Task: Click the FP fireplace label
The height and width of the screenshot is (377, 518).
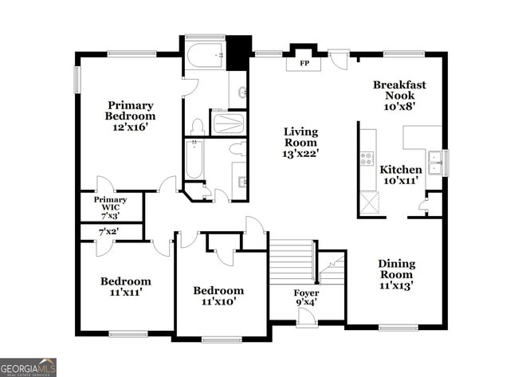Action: pyautogui.click(x=304, y=63)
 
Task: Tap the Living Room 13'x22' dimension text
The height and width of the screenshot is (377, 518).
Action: pyautogui.click(x=300, y=154)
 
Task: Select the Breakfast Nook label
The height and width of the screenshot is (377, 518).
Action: pyautogui.click(x=399, y=90)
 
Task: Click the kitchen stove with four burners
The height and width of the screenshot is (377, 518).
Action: pyautogui.click(x=367, y=159)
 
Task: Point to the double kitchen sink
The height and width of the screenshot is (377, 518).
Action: pyautogui.click(x=435, y=163)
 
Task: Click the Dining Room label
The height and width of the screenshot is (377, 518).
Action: pyautogui.click(x=396, y=269)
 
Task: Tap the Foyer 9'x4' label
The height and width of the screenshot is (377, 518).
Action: pyautogui.click(x=306, y=298)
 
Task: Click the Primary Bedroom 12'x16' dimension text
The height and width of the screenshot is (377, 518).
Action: pyautogui.click(x=129, y=127)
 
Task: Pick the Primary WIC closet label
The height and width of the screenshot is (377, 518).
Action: pyautogui.click(x=110, y=203)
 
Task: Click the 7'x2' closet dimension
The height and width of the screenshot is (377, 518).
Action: pyautogui.click(x=109, y=232)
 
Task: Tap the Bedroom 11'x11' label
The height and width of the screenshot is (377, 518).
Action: pyautogui.click(x=126, y=286)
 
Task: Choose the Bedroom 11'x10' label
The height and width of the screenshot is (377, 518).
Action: pyautogui.click(x=218, y=296)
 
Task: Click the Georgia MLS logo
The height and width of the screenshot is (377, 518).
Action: pyautogui.click(x=28, y=367)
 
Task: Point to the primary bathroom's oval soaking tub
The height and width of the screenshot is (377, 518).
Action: pyautogui.click(x=205, y=56)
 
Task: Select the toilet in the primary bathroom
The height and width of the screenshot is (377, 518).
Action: pyautogui.click(x=198, y=128)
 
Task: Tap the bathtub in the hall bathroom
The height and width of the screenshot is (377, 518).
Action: pyautogui.click(x=194, y=159)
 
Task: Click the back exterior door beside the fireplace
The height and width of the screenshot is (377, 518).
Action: pyautogui.click(x=339, y=59)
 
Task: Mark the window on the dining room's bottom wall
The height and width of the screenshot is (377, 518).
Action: pyautogui.click(x=398, y=328)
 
